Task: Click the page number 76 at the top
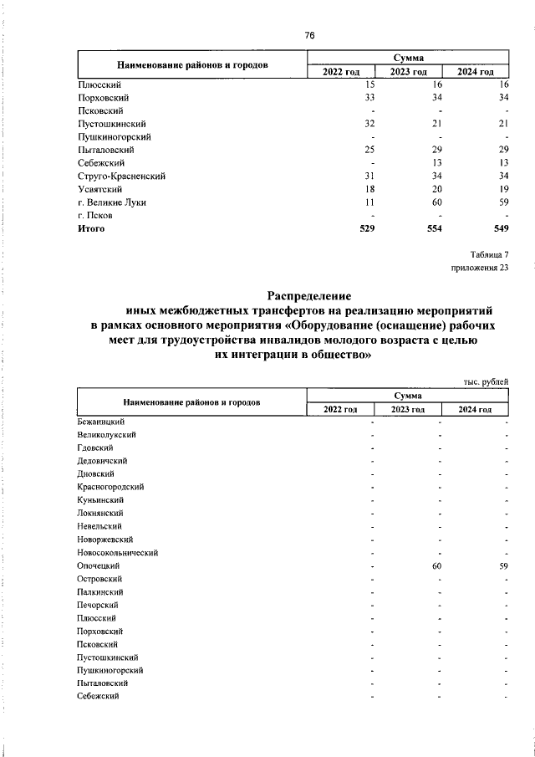[309, 35]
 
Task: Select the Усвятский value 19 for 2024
[503, 189]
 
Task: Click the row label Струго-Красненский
[120, 176]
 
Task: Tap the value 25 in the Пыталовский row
[370, 150]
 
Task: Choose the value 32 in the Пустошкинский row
[370, 124]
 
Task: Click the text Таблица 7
[488, 254]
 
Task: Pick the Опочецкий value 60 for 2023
[436, 566]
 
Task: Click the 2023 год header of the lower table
[408, 409]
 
